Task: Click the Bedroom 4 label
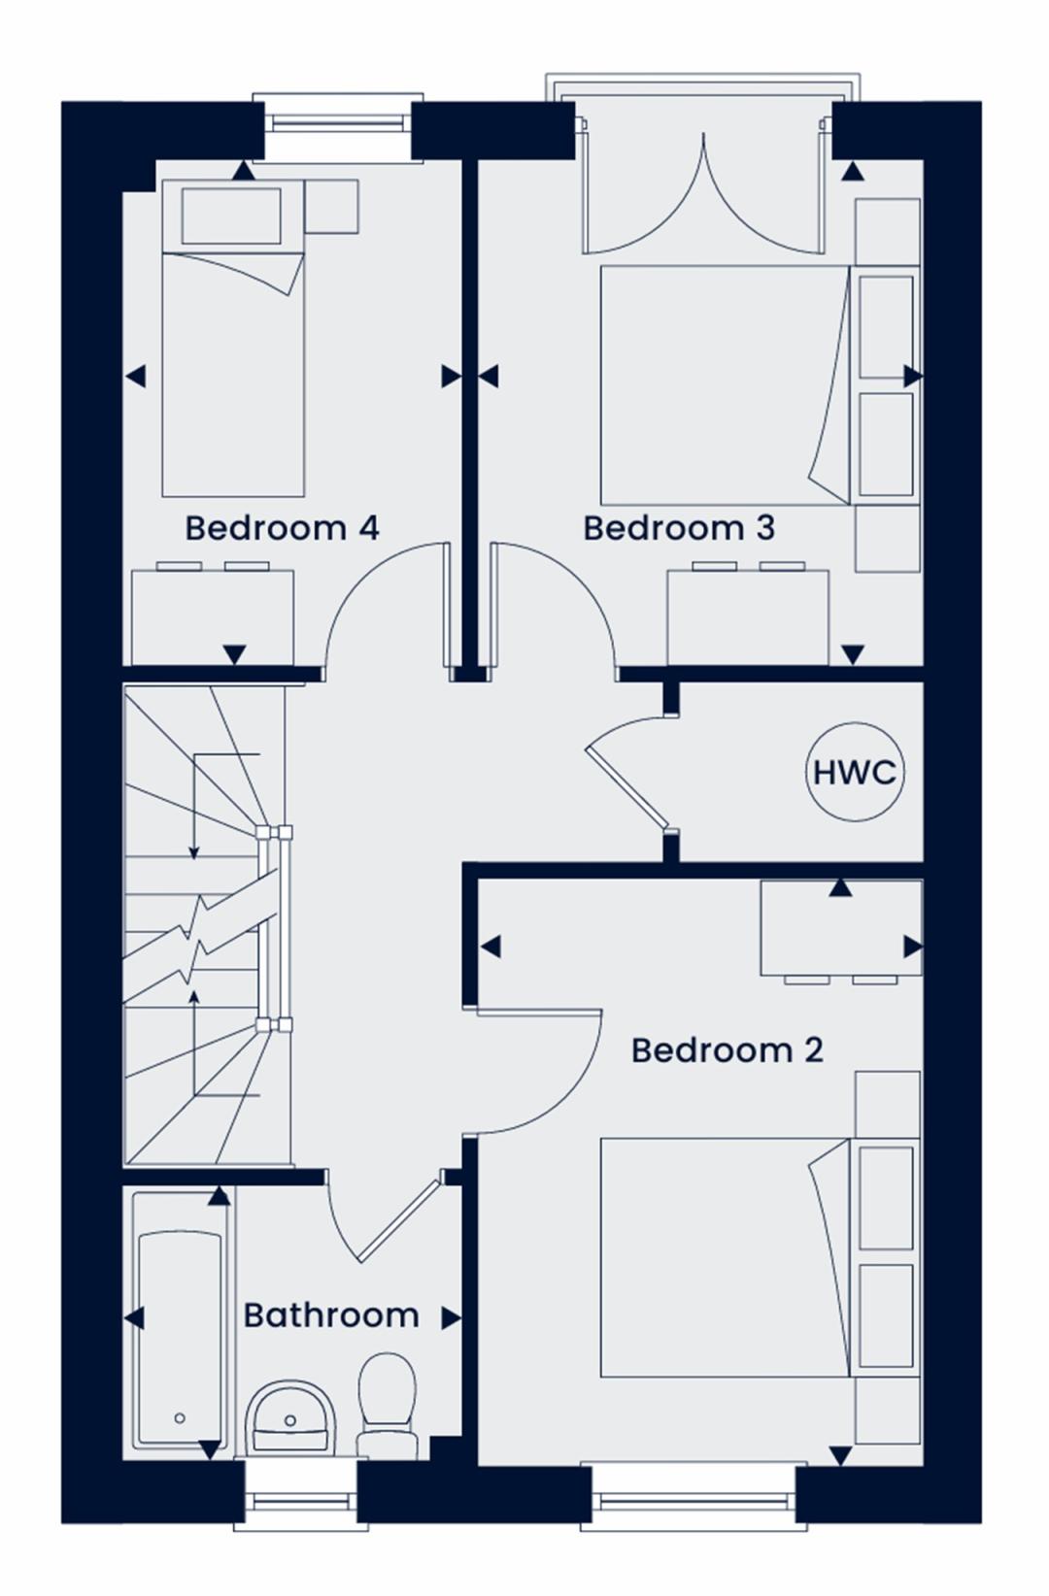click(283, 529)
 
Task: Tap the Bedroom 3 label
click(679, 529)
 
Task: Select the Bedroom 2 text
click(728, 1051)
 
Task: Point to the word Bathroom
click(331, 1315)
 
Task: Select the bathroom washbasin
click(290, 1418)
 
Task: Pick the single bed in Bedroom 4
click(233, 338)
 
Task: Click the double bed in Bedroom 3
click(727, 385)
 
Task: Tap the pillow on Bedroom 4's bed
click(231, 216)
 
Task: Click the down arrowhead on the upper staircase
click(193, 853)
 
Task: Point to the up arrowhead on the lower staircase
click(193, 996)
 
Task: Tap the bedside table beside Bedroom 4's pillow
click(331, 207)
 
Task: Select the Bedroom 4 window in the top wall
click(339, 126)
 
